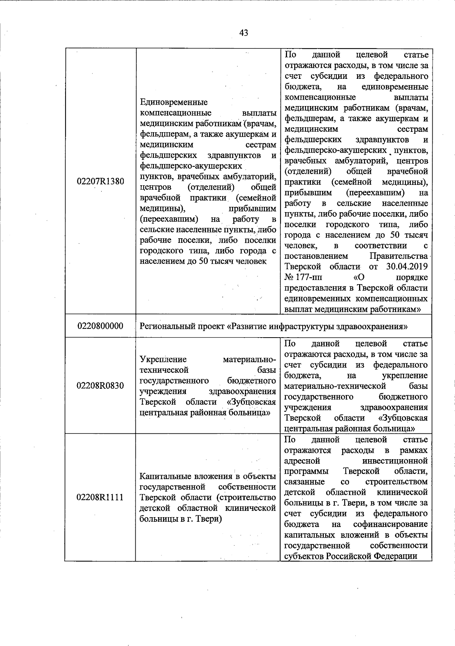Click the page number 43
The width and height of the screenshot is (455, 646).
point(244,33)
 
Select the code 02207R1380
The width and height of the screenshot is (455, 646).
point(100,181)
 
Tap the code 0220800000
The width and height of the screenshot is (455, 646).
point(100,326)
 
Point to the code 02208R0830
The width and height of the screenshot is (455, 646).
point(100,386)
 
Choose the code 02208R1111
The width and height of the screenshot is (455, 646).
point(100,497)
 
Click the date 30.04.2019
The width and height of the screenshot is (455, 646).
point(407,267)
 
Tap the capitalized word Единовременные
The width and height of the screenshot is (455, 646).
point(174,102)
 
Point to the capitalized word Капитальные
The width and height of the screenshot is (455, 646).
point(163,476)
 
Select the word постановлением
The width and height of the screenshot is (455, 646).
point(316,256)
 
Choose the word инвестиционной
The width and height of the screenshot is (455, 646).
point(395,461)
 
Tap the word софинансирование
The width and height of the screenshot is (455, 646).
point(390,524)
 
